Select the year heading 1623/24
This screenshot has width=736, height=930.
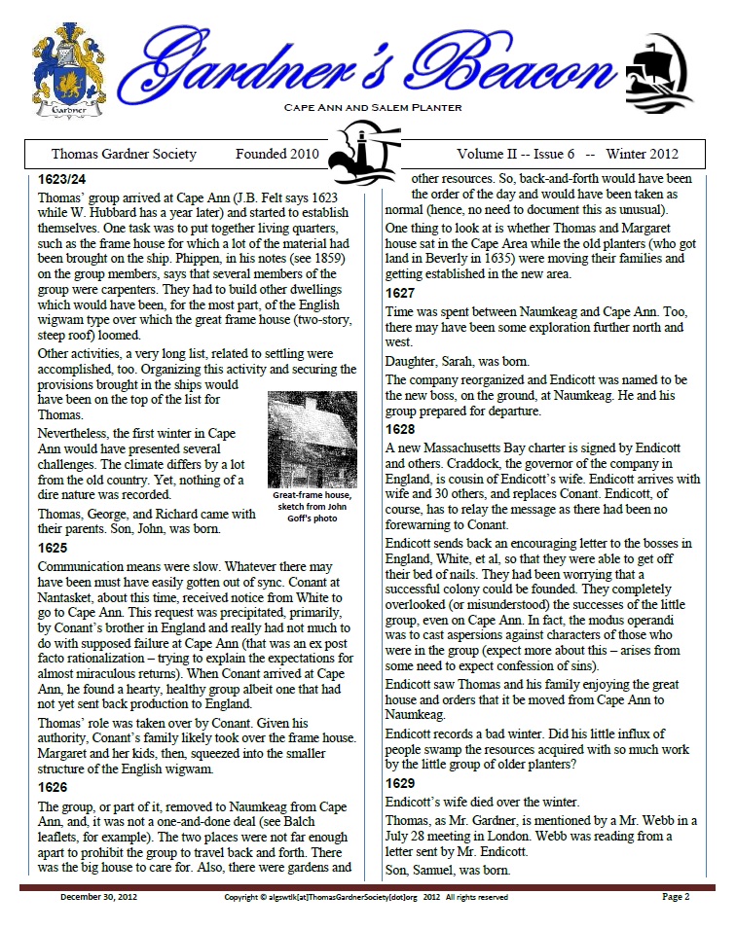point(62,180)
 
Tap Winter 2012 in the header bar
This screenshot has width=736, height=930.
point(642,154)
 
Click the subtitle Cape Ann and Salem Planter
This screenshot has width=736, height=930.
point(372,107)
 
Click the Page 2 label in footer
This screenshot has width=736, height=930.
point(676,897)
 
